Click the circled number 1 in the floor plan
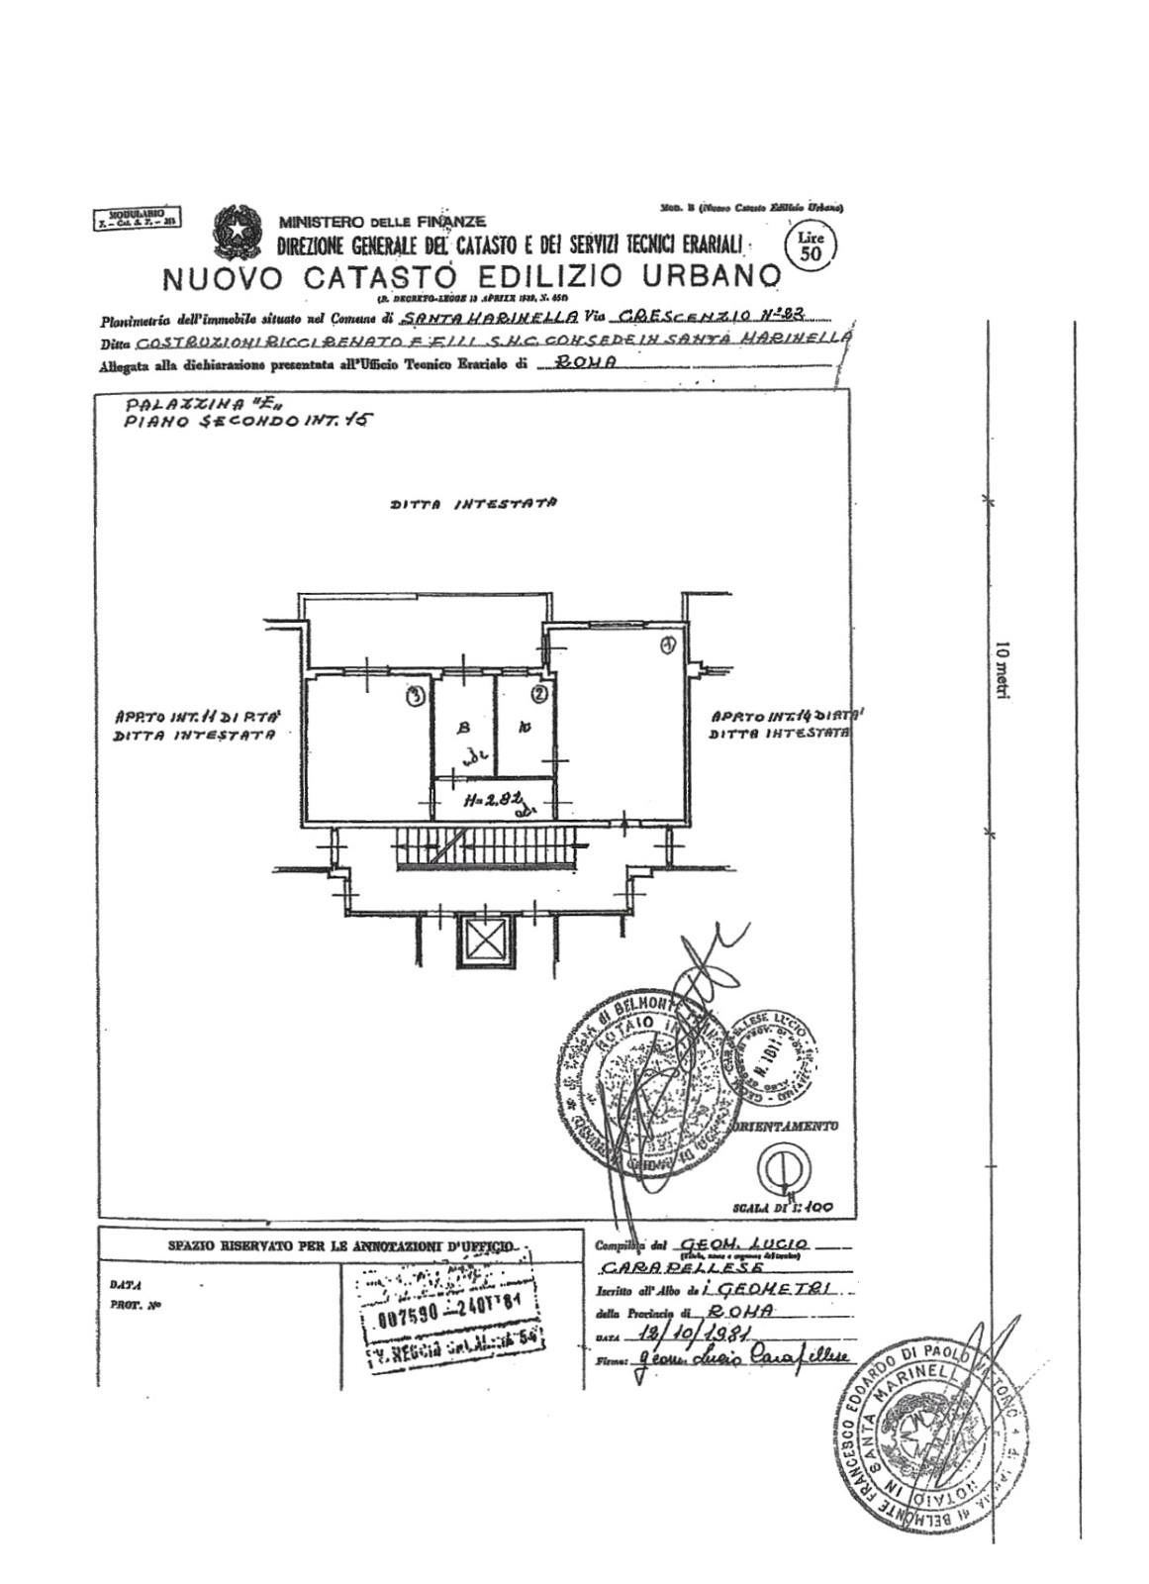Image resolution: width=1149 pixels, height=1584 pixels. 668,645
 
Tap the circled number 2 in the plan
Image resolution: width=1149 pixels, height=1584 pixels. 538,693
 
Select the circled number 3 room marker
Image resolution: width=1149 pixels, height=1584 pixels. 417,696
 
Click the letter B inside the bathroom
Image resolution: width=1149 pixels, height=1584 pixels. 461,729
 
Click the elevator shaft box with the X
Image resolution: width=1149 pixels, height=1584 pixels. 483,940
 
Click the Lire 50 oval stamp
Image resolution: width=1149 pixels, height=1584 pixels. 811,245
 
